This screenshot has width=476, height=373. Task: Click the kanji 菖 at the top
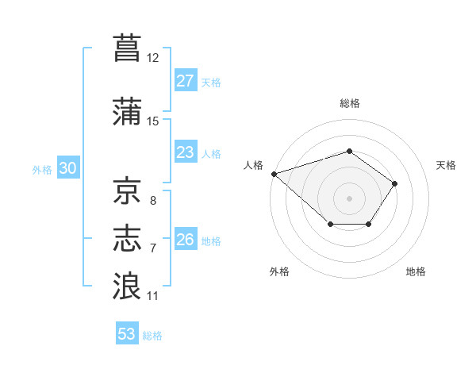[x=127, y=48]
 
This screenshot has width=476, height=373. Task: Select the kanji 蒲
[x=127, y=111]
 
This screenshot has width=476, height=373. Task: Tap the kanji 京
[x=127, y=190]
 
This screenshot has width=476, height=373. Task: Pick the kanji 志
[x=127, y=238]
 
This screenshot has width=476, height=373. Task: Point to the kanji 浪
[x=127, y=286]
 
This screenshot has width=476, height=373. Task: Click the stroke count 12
[x=152, y=58]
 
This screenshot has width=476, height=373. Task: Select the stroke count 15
[x=152, y=121]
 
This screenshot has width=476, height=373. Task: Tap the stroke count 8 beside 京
[x=153, y=201]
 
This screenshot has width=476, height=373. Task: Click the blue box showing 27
[x=186, y=80]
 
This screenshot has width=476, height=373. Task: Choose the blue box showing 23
[x=186, y=152]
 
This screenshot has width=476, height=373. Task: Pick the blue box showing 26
[x=186, y=238]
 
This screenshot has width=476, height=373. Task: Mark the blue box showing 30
[x=68, y=167]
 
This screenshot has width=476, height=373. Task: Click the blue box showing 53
[x=127, y=333]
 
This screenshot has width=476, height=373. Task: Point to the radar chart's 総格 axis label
[x=349, y=103]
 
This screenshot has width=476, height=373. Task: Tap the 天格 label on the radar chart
[x=446, y=165]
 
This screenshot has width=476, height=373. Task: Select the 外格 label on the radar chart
[x=279, y=271]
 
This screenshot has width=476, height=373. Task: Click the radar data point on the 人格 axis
[x=274, y=174]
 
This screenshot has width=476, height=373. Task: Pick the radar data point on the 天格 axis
[x=394, y=184]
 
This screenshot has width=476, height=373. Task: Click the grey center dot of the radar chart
[x=349, y=198]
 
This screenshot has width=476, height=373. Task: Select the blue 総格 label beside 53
[x=152, y=336]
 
